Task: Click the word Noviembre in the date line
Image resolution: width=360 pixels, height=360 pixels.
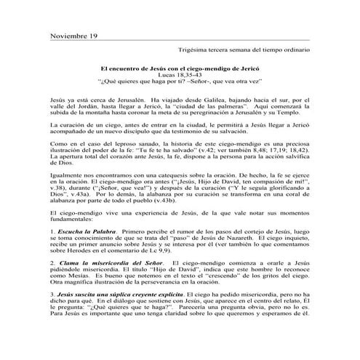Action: coord(68,36)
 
